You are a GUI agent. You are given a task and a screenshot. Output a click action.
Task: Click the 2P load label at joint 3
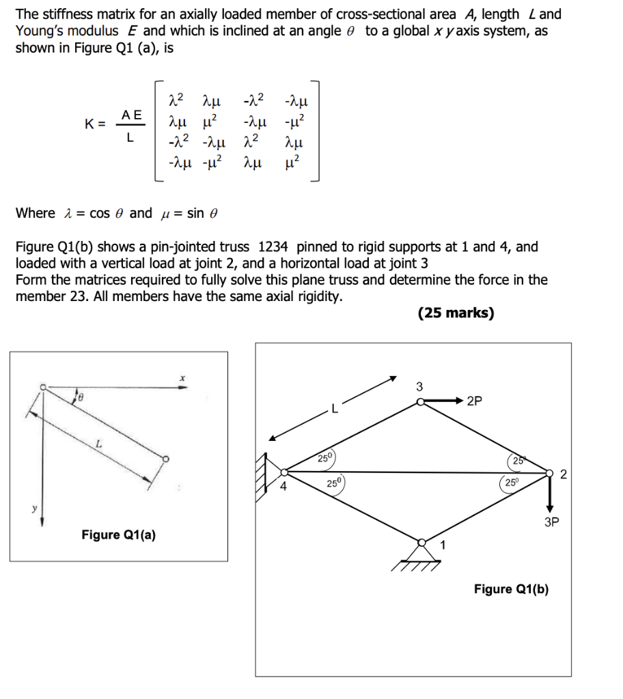click(x=476, y=401)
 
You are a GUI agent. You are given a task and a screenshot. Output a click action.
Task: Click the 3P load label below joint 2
click(x=551, y=523)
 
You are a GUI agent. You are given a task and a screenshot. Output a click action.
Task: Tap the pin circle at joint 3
click(x=422, y=403)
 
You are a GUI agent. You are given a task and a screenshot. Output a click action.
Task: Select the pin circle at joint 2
click(x=550, y=472)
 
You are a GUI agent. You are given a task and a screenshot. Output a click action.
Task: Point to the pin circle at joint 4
click(x=285, y=471)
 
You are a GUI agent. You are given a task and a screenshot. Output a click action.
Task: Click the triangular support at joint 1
click(x=422, y=550)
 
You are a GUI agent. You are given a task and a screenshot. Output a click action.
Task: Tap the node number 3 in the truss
click(x=420, y=387)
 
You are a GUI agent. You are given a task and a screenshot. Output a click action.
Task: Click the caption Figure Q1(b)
click(x=511, y=589)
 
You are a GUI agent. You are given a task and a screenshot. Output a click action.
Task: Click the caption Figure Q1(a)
click(x=118, y=534)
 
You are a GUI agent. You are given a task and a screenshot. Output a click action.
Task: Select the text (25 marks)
click(x=455, y=313)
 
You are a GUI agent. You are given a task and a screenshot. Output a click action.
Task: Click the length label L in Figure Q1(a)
click(x=99, y=444)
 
